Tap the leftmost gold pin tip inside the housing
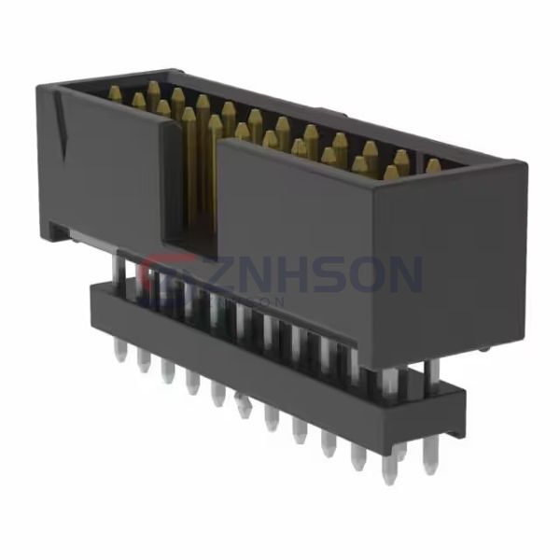pos(115,92)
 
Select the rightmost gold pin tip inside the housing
pos(433,166)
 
